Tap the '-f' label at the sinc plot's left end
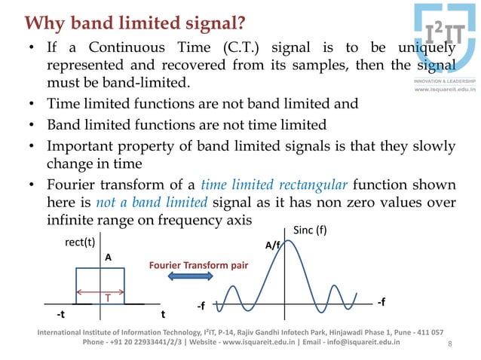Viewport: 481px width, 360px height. [201, 307]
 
